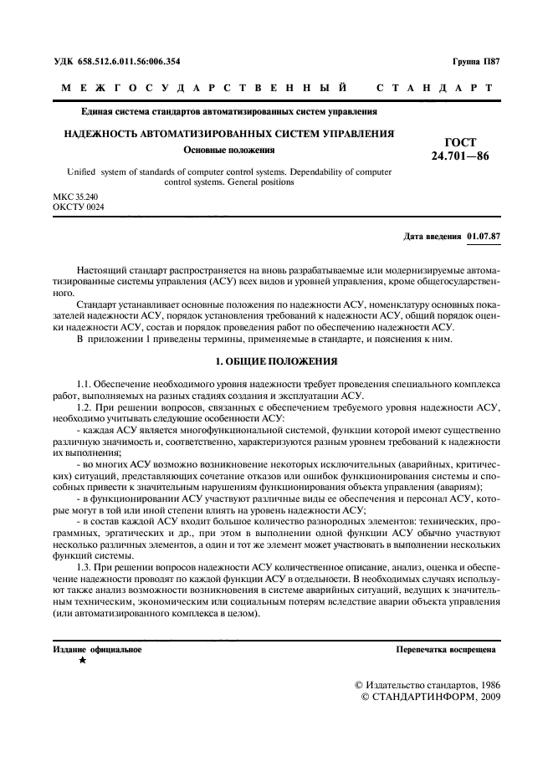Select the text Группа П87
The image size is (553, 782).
(475, 61)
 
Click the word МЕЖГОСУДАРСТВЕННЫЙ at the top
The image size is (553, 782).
(206, 88)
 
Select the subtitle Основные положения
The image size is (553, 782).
(229, 151)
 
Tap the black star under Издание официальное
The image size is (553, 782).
(82, 660)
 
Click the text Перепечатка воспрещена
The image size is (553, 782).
(447, 649)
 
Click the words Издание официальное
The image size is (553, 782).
(97, 649)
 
